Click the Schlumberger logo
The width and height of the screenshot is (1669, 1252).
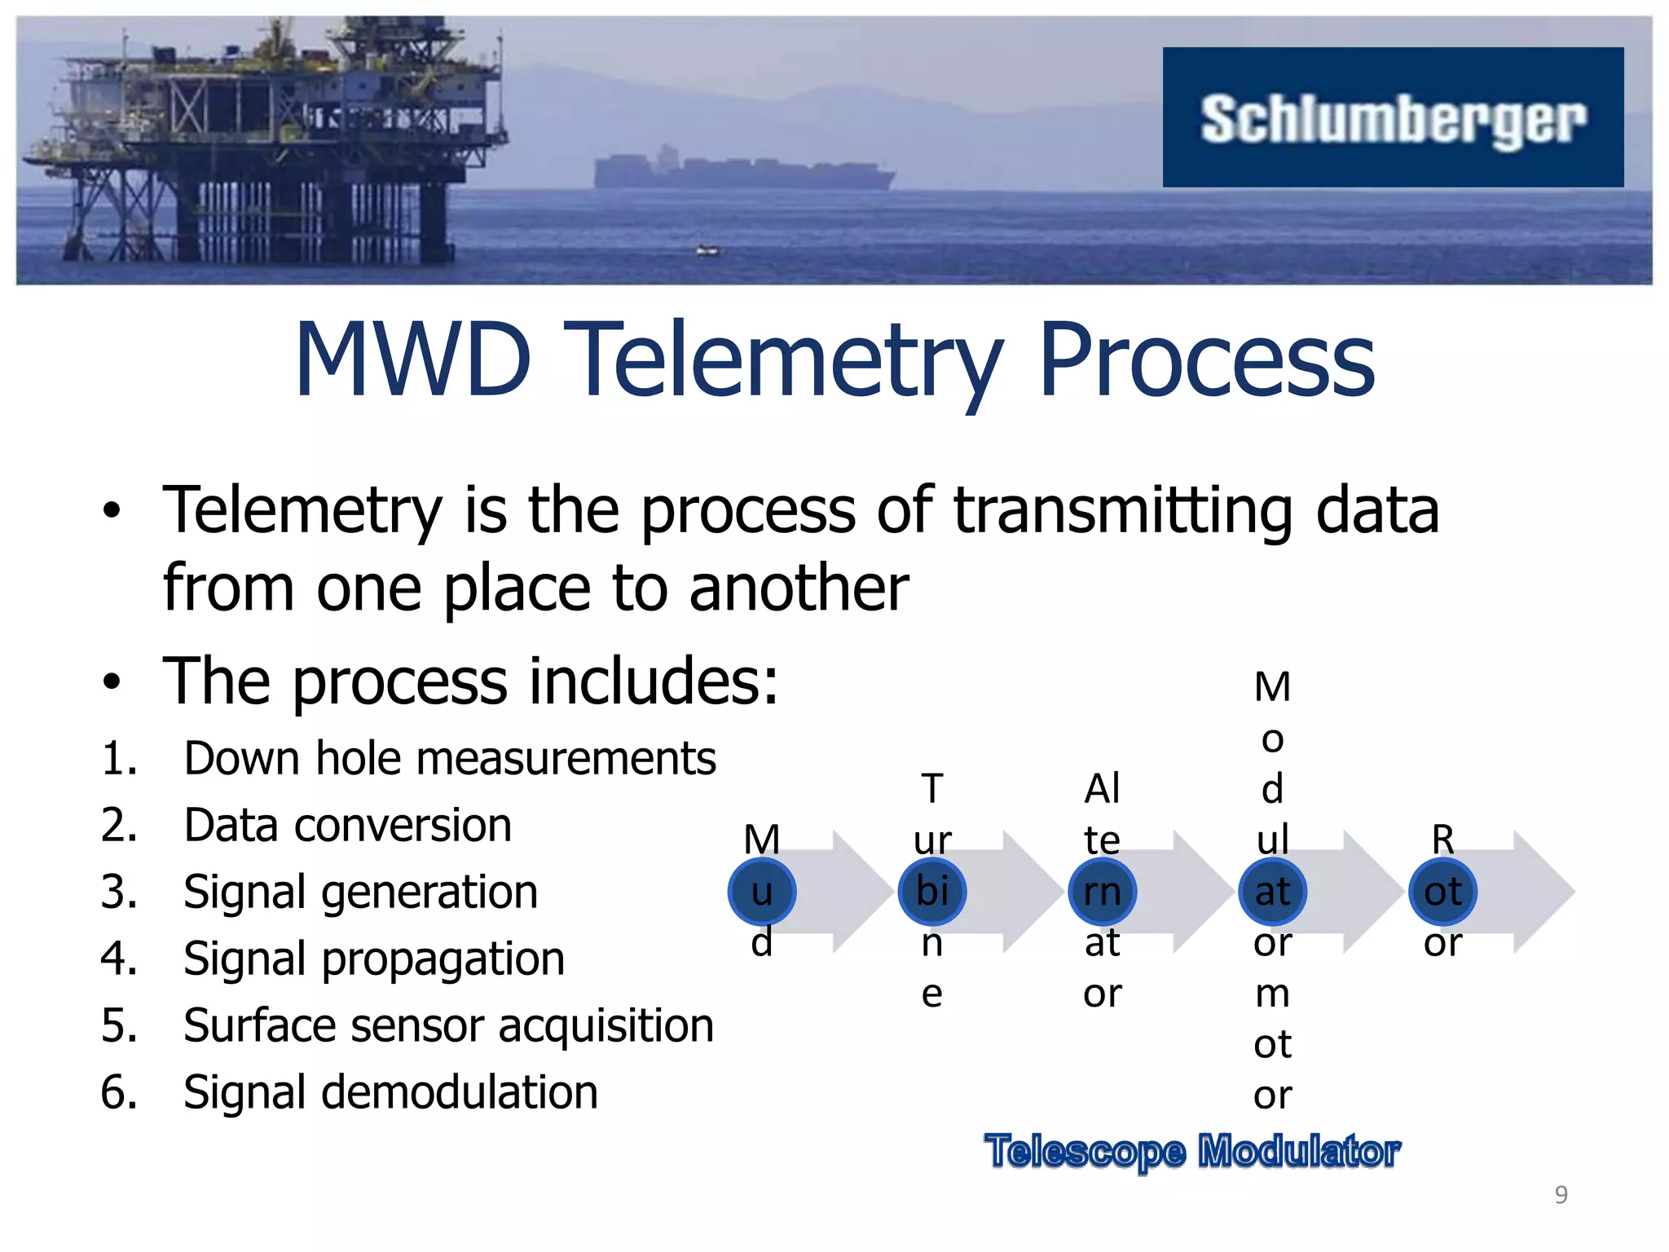(x=1392, y=118)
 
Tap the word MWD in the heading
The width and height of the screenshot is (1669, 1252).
(x=413, y=360)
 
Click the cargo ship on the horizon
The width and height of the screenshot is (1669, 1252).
(x=742, y=171)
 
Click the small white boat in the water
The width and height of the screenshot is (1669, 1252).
(x=707, y=250)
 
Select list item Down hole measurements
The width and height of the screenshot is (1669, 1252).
(x=449, y=759)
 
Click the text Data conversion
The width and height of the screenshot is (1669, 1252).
(x=347, y=826)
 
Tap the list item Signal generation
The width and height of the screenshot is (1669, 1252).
(x=360, y=893)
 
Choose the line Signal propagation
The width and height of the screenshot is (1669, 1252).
(x=373, y=959)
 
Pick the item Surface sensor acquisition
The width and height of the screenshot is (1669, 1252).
(x=448, y=1026)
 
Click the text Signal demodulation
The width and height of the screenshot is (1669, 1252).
(x=390, y=1093)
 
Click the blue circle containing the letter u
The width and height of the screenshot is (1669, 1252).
(x=761, y=892)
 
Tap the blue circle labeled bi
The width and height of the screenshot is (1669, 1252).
(x=931, y=892)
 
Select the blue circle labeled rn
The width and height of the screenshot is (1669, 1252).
(x=1102, y=892)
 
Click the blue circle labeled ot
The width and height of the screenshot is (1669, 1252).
(x=1442, y=892)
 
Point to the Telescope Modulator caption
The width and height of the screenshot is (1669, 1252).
(x=1191, y=1152)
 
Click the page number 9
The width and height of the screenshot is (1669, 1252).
(x=1561, y=1195)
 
